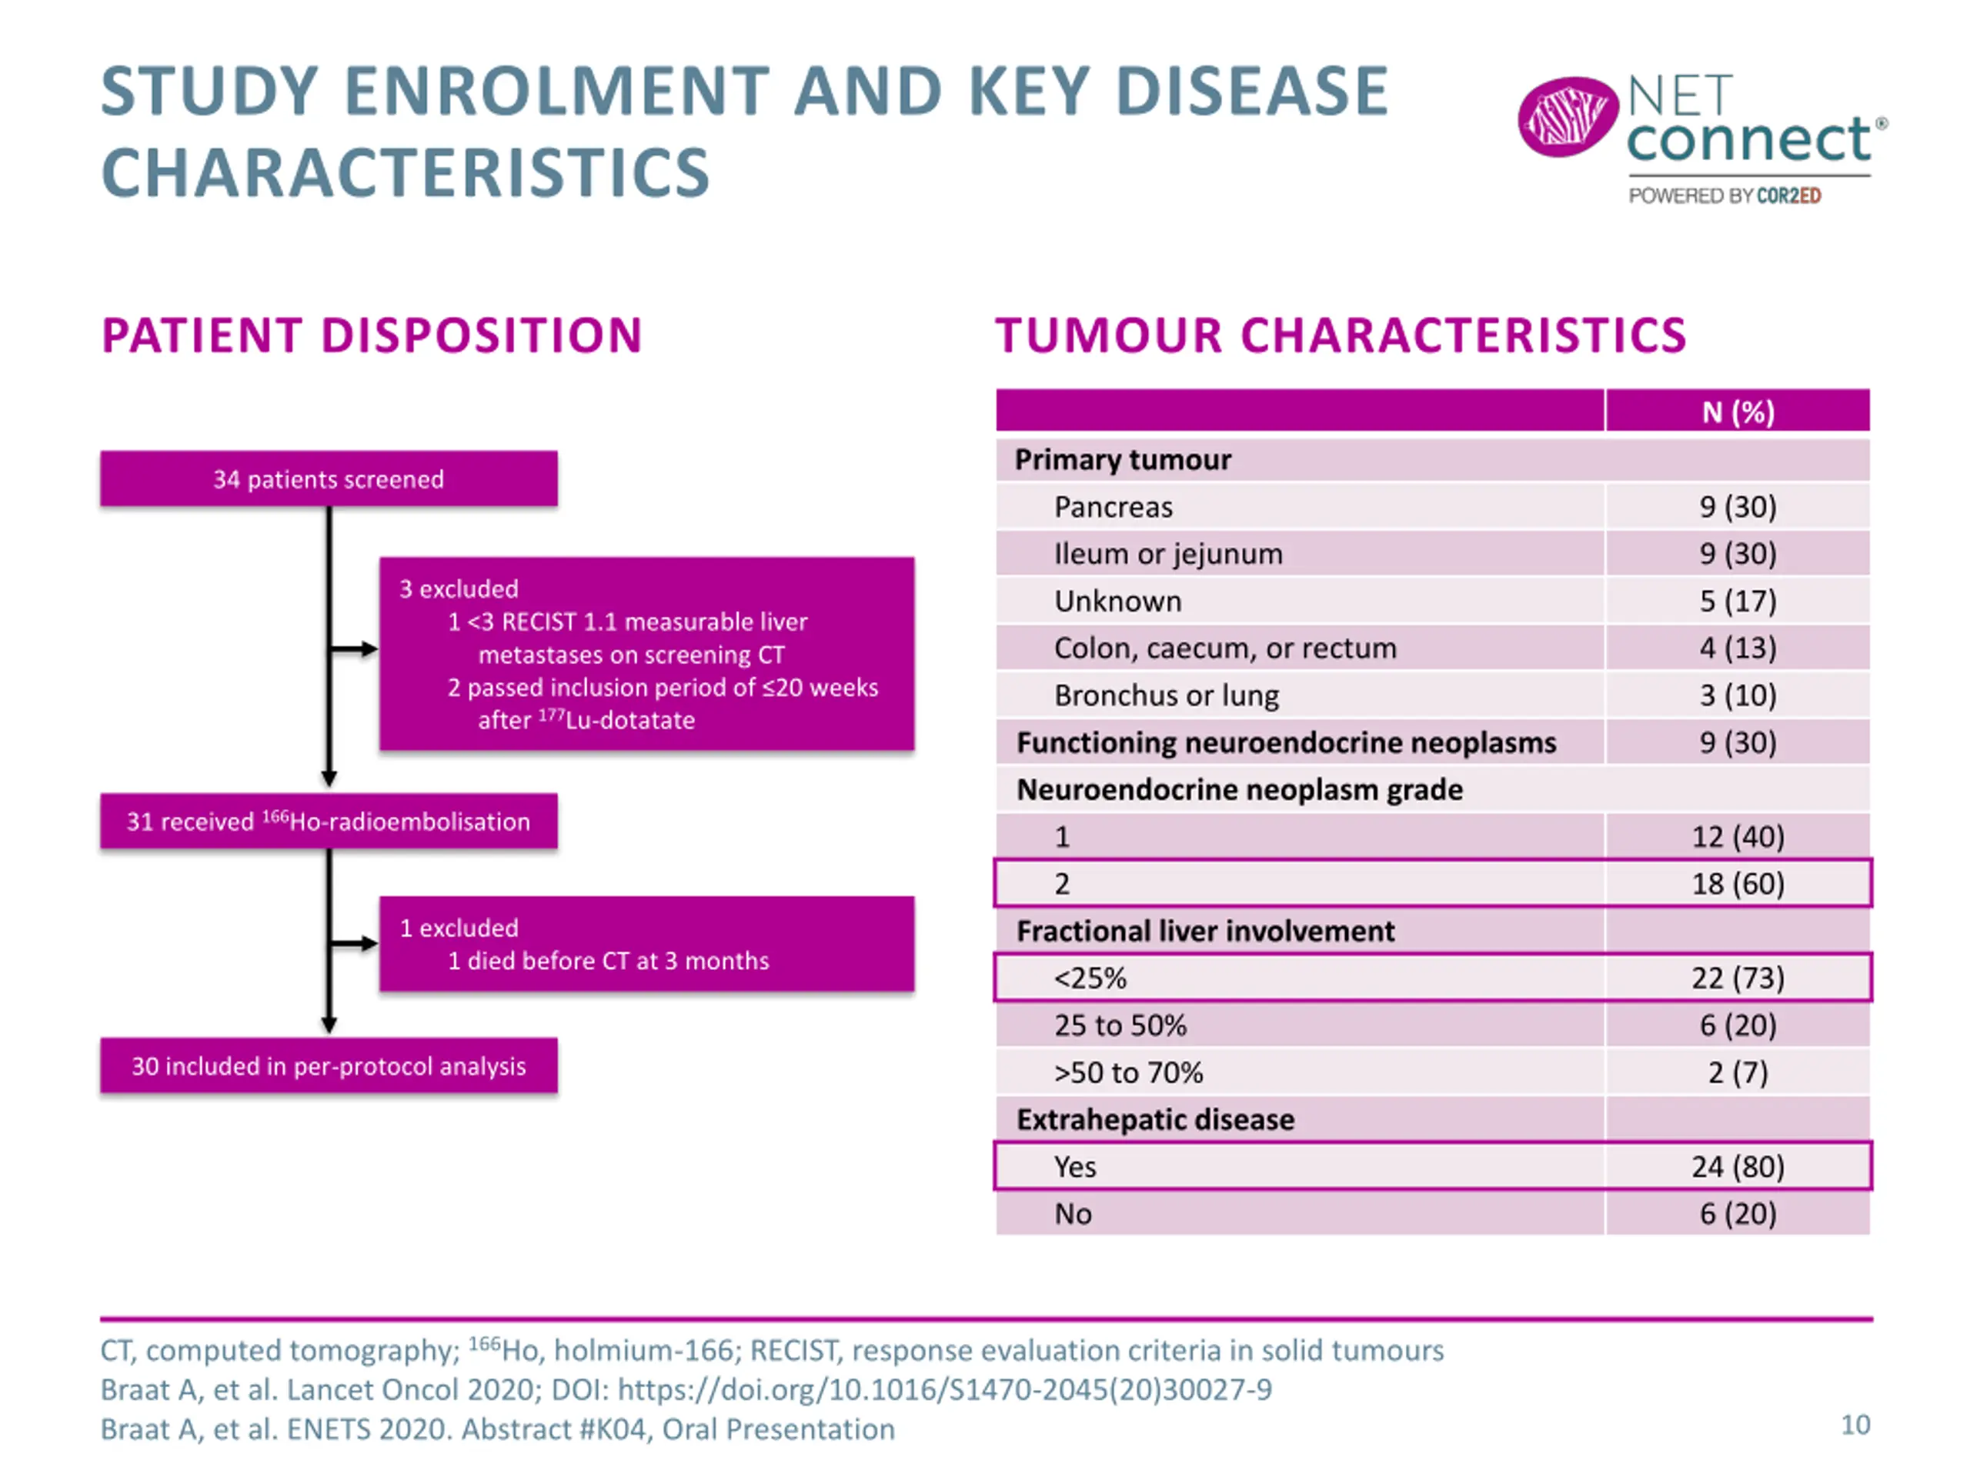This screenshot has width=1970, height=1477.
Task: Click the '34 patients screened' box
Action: point(329,479)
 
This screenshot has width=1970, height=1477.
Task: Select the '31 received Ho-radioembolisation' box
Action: point(329,821)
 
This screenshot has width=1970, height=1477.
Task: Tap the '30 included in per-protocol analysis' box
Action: point(329,1065)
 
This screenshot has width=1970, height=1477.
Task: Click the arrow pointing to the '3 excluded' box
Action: point(353,649)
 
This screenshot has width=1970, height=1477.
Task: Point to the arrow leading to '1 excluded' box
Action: point(353,944)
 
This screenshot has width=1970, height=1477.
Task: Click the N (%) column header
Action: point(1738,412)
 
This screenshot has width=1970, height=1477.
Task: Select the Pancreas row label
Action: point(1114,507)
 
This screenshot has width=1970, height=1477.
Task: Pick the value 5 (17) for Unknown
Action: point(1738,601)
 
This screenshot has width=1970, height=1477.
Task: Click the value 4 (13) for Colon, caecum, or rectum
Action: point(1738,648)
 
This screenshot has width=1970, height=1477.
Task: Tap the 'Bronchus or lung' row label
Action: point(1167,695)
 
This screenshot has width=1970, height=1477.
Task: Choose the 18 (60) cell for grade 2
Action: point(1738,884)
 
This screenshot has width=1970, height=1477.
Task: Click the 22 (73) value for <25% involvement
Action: point(1738,979)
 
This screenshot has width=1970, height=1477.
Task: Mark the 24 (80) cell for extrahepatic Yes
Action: point(1738,1167)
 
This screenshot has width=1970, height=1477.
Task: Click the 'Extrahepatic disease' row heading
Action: point(1155,1120)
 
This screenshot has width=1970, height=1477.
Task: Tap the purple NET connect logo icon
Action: point(1568,118)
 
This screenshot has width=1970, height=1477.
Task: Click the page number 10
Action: point(1856,1425)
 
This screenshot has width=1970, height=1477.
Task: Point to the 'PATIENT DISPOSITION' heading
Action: point(372,335)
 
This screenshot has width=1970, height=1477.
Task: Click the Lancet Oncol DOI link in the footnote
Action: point(945,1390)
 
